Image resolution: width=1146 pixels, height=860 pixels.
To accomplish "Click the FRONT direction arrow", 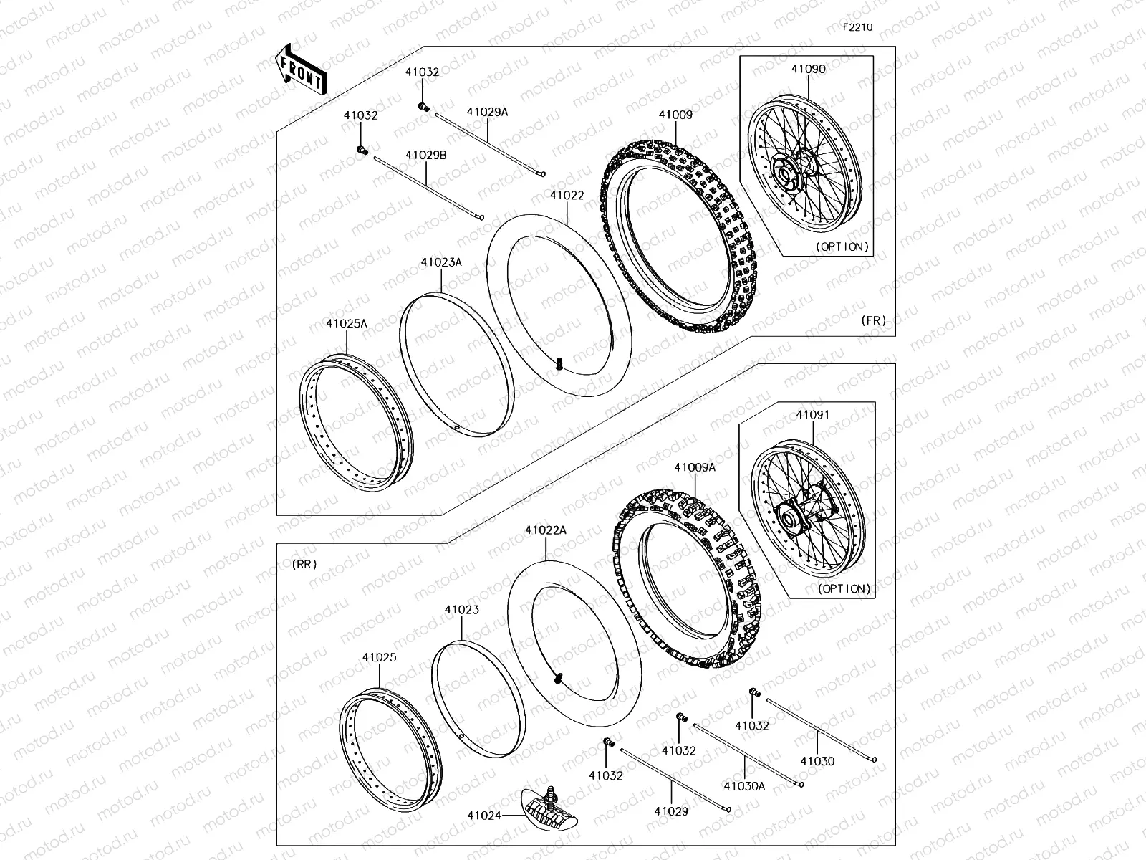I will tap(301, 70).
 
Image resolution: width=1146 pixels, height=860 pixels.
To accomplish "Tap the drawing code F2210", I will tap(857, 27).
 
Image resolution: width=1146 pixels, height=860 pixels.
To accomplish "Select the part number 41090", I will tap(808, 70).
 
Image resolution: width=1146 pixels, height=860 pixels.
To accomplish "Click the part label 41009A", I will tap(694, 467).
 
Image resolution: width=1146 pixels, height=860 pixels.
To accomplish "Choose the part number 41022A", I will tap(545, 530).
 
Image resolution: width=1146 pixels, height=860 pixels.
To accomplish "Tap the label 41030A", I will tap(744, 785).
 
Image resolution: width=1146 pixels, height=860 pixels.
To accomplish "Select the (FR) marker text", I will tap(874, 320).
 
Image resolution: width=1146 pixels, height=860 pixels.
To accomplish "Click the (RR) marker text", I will tap(304, 564).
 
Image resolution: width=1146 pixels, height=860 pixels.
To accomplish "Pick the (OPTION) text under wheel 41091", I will tap(844, 588).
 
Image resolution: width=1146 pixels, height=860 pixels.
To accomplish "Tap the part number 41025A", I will tap(347, 323).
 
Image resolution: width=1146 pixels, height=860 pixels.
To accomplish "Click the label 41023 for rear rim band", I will tap(461, 610).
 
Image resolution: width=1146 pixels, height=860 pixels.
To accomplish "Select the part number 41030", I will tap(817, 761).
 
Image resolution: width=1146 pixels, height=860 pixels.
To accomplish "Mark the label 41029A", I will tap(487, 112).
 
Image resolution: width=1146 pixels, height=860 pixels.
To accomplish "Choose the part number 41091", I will tap(812, 414).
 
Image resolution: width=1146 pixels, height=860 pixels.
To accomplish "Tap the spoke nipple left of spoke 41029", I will tap(609, 743).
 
